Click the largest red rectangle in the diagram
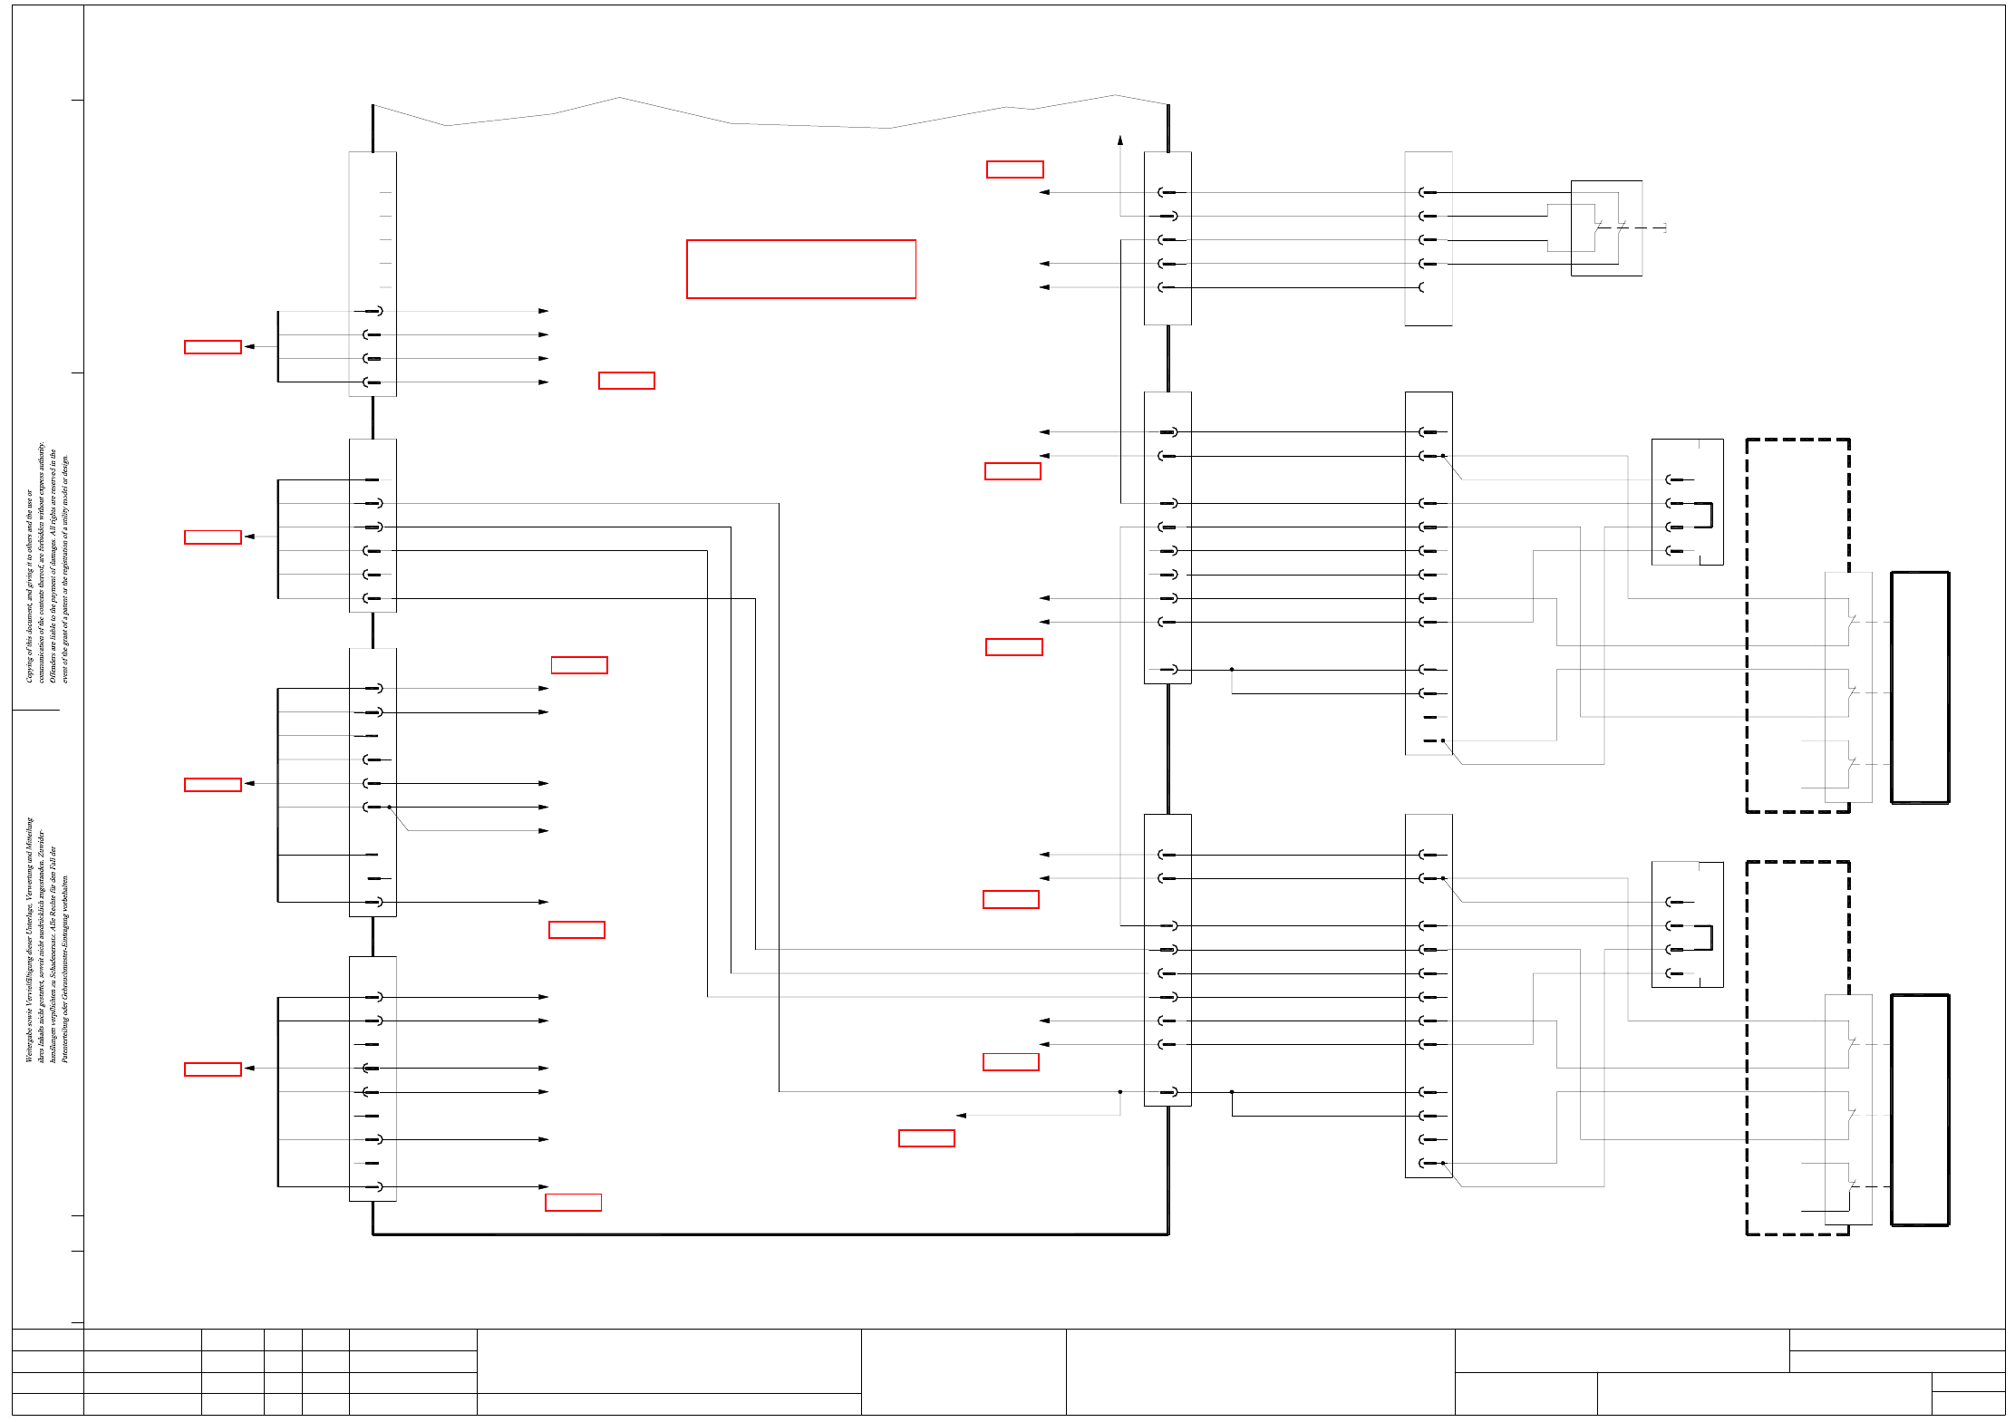(801, 269)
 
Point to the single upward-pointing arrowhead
(1120, 140)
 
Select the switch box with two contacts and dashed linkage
(1606, 227)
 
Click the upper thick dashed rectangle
(1797, 625)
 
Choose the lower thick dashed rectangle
(1797, 1048)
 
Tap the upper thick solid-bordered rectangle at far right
(1920, 687)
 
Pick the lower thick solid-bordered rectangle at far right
(1920, 1109)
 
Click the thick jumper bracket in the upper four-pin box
(1710, 515)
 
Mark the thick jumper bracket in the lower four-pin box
(1710, 937)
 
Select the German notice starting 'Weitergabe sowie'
(46, 941)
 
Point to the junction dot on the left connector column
(390, 807)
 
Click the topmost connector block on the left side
(373, 274)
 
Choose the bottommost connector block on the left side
(373, 1079)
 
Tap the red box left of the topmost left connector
(213, 347)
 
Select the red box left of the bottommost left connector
(213, 1069)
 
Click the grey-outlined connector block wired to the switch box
(1429, 238)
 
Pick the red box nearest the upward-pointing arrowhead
(1015, 169)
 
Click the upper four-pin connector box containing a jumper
(1687, 502)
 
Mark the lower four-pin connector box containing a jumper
(1687, 924)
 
